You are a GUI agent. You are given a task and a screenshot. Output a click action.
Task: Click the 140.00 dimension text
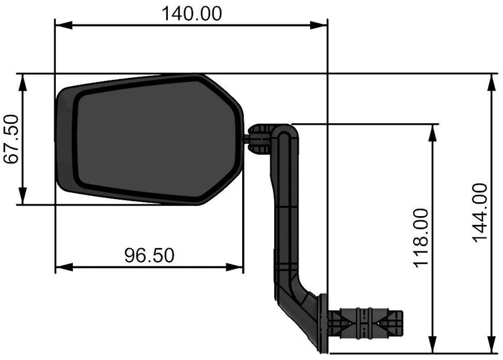point(192,14)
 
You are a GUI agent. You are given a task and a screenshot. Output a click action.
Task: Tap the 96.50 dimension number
point(149,256)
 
